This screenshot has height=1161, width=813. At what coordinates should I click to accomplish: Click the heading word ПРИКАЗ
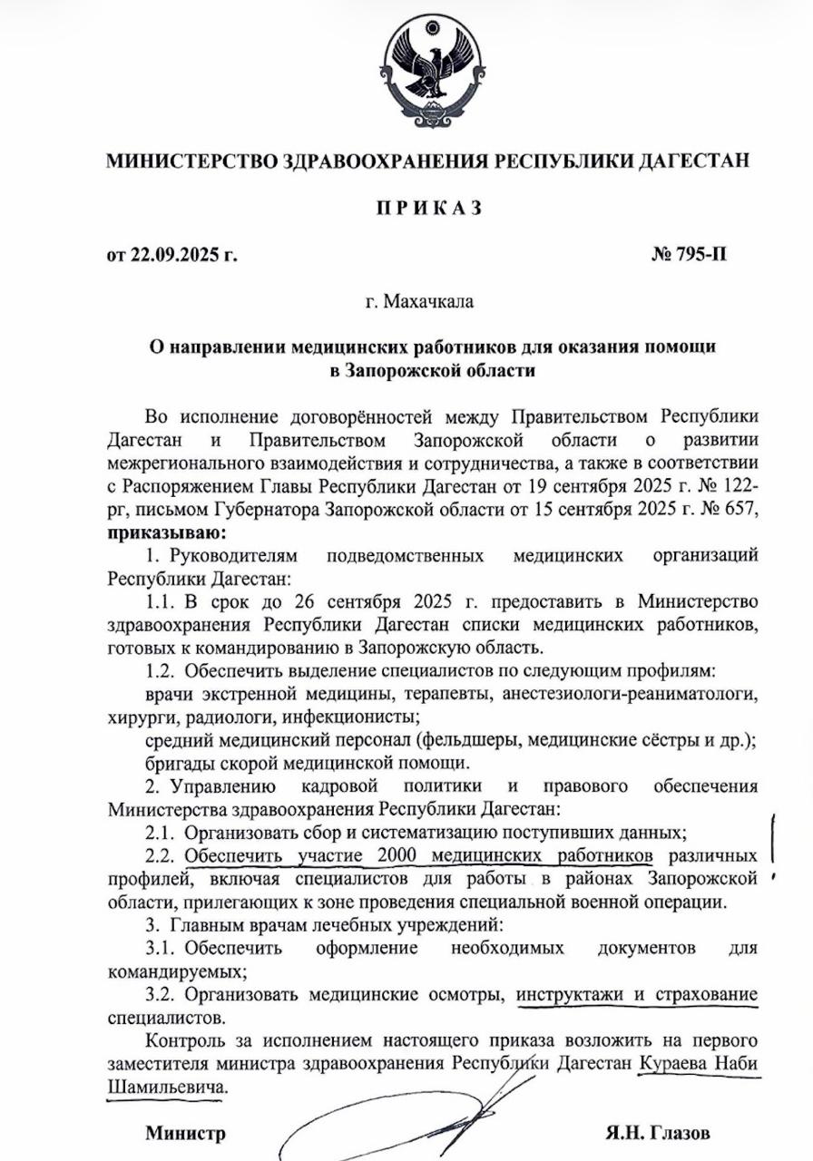click(429, 208)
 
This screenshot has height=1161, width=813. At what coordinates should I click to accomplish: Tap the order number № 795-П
click(689, 254)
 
